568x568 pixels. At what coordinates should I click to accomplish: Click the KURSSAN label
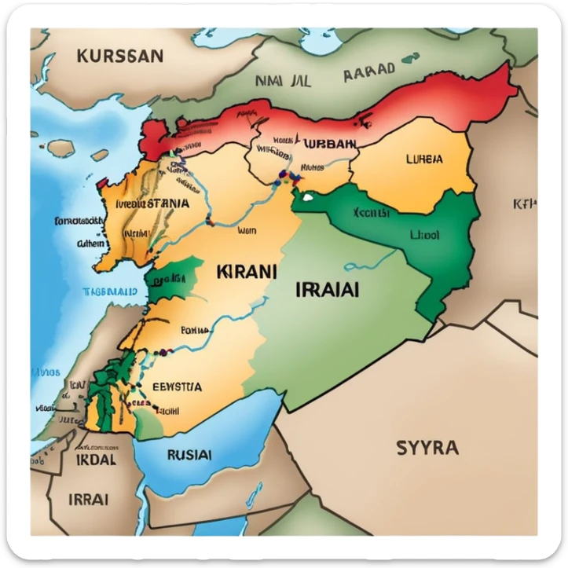coord(120,56)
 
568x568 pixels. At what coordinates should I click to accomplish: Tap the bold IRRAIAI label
coord(328,288)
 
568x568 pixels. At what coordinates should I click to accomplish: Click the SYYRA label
coord(427,449)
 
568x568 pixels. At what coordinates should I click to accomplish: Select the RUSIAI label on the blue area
coord(189,454)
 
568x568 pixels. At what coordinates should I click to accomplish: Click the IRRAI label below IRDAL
coord(89,499)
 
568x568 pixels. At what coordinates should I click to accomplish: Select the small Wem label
coord(247,231)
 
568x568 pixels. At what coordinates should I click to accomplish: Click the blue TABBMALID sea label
coord(110,291)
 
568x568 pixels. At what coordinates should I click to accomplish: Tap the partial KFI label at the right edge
coord(524,204)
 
